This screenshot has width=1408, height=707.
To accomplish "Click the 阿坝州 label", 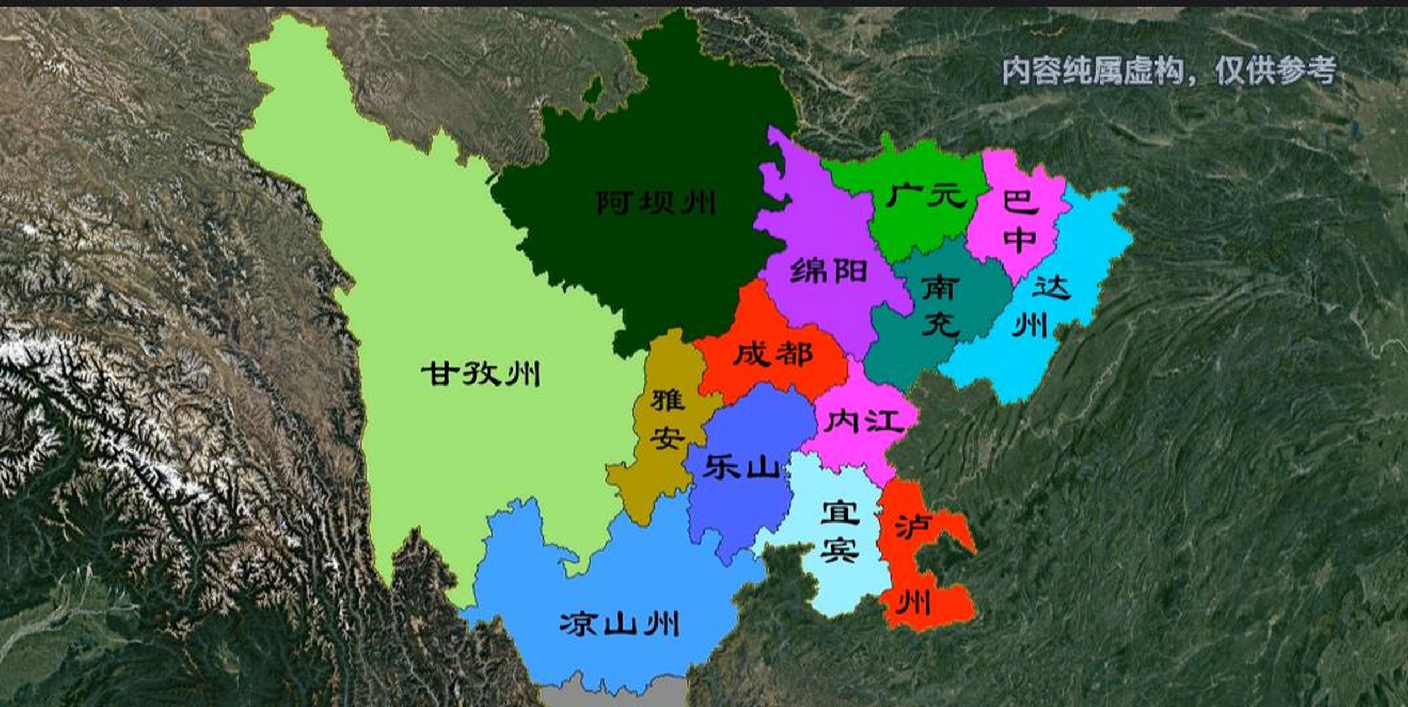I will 656,203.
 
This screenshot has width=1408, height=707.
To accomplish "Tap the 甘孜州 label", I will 481,374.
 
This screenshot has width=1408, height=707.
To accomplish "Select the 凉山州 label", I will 619,624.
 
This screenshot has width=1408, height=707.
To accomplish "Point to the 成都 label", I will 773,353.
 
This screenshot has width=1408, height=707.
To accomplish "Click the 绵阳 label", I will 828,271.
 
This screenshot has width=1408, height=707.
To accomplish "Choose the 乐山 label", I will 740,467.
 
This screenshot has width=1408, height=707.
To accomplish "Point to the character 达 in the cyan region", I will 1052,288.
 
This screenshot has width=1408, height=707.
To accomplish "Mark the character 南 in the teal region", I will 940,288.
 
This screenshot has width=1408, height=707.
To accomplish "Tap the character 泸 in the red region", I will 913,527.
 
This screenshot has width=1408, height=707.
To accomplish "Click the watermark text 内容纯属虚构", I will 1093,71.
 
